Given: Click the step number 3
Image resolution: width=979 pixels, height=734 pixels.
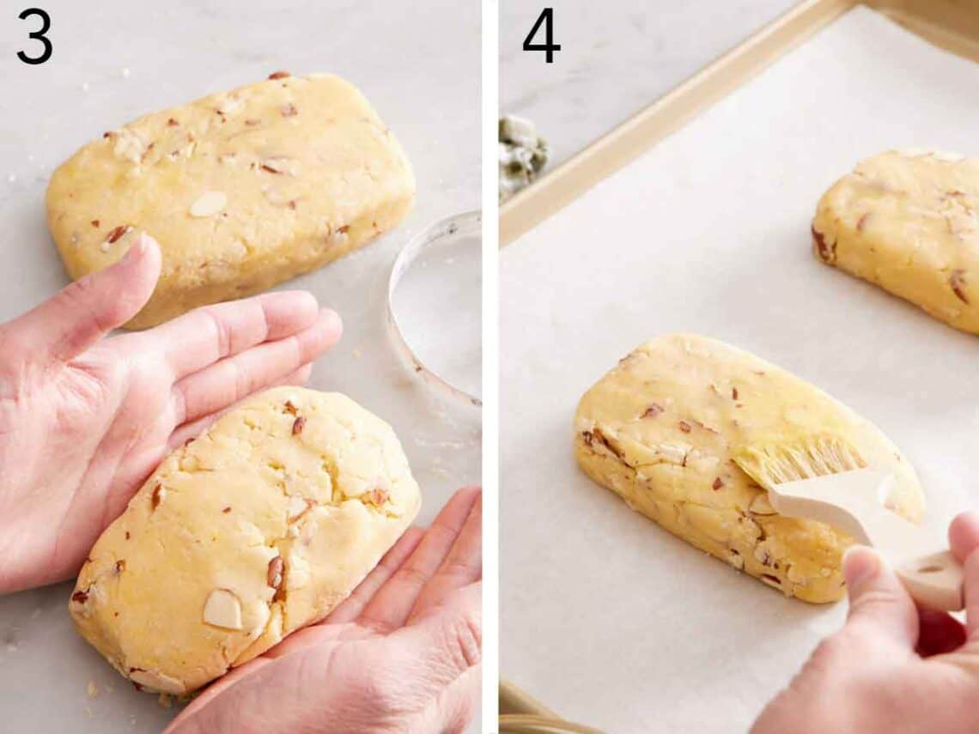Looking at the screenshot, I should click(34, 36).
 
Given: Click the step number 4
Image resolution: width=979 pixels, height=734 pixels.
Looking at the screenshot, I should click(541, 36).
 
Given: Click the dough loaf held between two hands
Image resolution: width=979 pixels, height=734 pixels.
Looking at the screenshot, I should click(249, 532).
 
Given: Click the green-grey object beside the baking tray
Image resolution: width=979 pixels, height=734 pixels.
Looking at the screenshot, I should click(522, 155).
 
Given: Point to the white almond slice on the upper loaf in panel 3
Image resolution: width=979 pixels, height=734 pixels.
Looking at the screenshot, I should click(208, 203).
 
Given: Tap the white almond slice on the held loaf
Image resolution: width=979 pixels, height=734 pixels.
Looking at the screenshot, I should click(223, 609).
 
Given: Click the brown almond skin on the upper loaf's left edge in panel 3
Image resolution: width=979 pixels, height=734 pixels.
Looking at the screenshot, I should click(117, 234).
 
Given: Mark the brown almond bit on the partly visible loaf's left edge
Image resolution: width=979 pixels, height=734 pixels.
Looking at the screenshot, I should click(822, 245).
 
